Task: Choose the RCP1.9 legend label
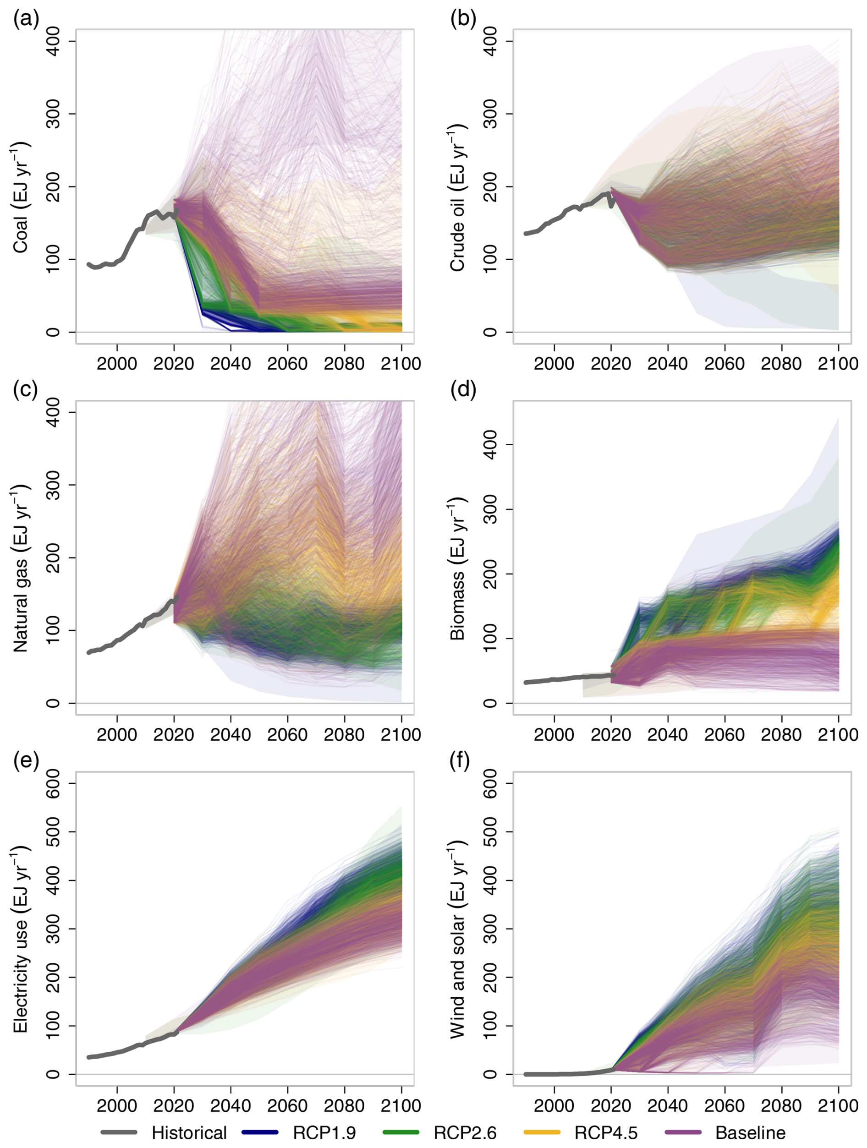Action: (324, 1132)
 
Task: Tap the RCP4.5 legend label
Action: (606, 1132)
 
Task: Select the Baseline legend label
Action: (750, 1132)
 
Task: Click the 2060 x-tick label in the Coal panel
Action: (287, 364)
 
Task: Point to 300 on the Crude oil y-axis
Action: (489, 114)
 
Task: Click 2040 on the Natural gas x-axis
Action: (230, 735)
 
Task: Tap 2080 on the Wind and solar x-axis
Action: (781, 1106)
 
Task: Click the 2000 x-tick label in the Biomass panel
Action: (554, 735)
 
